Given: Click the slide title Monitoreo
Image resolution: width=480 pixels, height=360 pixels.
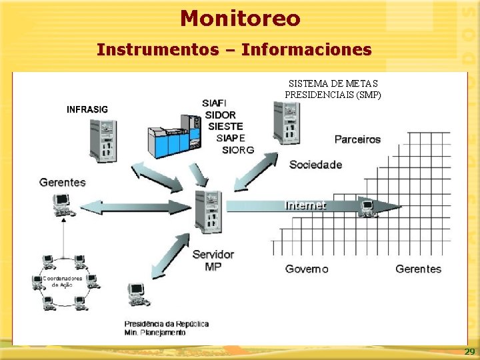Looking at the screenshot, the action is [x=240, y=18].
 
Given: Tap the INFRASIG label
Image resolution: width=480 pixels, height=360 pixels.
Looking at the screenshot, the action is [x=88, y=109].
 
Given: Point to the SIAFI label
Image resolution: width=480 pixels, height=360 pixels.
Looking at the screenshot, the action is [x=214, y=103].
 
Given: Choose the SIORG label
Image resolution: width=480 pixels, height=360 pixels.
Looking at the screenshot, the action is [x=238, y=150].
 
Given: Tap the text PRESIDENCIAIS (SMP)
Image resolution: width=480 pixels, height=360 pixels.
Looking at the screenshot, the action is [x=333, y=95].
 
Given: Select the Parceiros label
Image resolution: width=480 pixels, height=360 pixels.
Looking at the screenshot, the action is [x=357, y=139].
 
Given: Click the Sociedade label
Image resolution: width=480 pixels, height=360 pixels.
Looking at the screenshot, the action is [x=315, y=165].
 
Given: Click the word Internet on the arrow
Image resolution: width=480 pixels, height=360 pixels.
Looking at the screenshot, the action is [x=305, y=205].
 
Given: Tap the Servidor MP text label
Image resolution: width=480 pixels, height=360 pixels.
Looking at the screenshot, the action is [x=213, y=260].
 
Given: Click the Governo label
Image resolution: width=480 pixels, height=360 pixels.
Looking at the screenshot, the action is [x=307, y=269].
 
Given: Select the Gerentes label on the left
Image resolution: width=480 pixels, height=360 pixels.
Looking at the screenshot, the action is [x=63, y=182].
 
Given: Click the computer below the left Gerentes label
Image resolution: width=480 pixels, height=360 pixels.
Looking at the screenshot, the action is [x=64, y=204].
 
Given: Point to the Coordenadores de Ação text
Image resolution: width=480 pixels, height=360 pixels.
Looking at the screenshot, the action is [x=63, y=281].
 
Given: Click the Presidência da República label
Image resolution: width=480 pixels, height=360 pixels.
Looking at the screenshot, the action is [x=166, y=324].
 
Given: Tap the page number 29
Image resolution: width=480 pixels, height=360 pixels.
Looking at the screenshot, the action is [x=469, y=351].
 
